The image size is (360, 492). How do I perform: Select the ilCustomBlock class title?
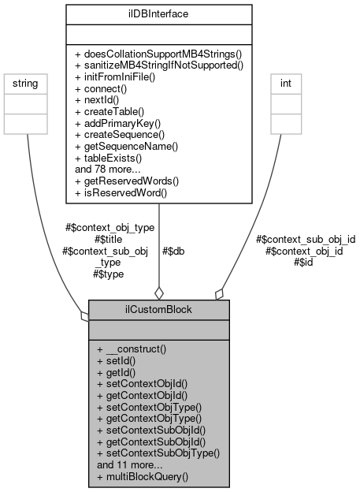click(x=159, y=309)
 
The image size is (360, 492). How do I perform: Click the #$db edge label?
click(x=173, y=252)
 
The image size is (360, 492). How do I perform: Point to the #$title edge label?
click(x=109, y=239)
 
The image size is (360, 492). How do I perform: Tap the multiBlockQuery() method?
click(x=142, y=476)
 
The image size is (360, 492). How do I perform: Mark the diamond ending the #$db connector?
click(x=160, y=293)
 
